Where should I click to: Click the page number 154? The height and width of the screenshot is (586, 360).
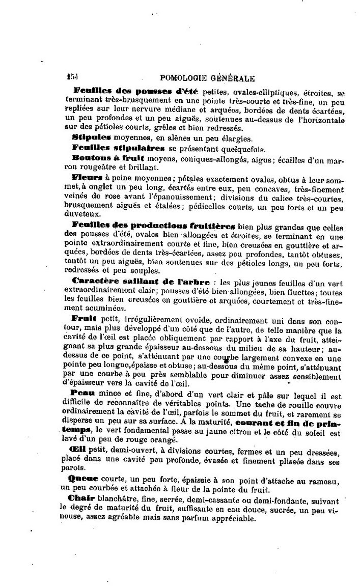coord(72,77)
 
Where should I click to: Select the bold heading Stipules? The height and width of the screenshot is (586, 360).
coord(91,137)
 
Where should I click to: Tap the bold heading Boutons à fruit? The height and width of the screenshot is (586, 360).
coord(100,158)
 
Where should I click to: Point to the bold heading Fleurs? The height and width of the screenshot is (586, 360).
coord(88,178)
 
